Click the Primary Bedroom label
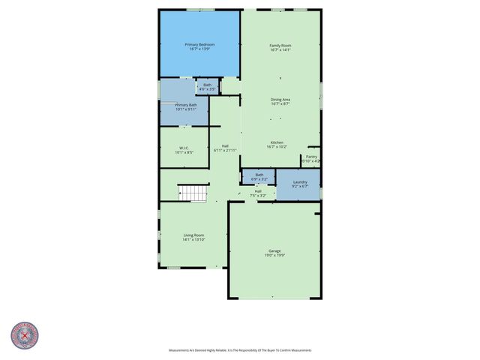pyautogui.click(x=199, y=45)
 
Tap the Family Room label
pyautogui.click(x=280, y=46)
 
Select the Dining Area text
pyautogui.click(x=280, y=99)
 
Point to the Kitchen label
pyautogui.click(x=277, y=142)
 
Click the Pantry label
pyautogui.click(x=311, y=157)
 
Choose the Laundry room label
pyautogui.click(x=300, y=182)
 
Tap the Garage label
pyautogui.click(x=274, y=250)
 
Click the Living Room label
pyautogui.click(x=194, y=235)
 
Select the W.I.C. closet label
pyautogui.click(x=184, y=148)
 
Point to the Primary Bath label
pyautogui.click(x=186, y=105)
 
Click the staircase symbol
pyautogui.click(x=193, y=193)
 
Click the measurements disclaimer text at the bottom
pyautogui.click(x=240, y=350)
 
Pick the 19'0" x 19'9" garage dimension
pyautogui.click(x=274, y=256)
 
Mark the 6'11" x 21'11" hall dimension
pyautogui.click(x=225, y=151)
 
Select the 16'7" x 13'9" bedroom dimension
pyautogui.click(x=199, y=50)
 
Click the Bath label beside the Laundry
pyautogui.click(x=259, y=175)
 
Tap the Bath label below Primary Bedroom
pyautogui.click(x=207, y=85)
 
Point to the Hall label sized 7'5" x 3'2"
pyautogui.click(x=258, y=191)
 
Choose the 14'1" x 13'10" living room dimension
pyautogui.click(x=194, y=241)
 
